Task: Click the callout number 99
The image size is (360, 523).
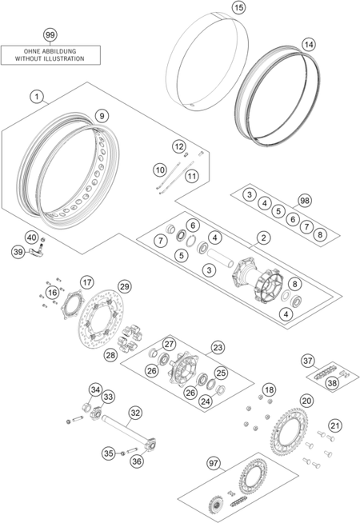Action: point(50,34)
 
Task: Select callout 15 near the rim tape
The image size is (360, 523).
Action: point(239,7)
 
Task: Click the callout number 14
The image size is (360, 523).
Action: point(309,44)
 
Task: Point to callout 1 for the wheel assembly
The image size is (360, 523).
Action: point(37,97)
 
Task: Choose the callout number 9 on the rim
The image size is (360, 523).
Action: point(102,116)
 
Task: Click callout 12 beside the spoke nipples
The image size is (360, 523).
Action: point(179,146)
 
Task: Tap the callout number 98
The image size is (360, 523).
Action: point(305,201)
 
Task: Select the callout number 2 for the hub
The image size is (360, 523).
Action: point(263,238)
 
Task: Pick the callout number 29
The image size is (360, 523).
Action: point(124,286)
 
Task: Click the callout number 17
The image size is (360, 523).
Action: point(87,282)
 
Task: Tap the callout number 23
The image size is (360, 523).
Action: point(218,348)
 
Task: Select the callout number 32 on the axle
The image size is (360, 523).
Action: point(134,413)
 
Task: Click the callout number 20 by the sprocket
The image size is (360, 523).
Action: point(306,401)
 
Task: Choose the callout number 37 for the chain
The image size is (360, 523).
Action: point(308,361)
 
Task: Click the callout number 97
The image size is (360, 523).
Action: point(214,463)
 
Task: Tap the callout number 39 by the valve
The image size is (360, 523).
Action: point(18,251)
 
